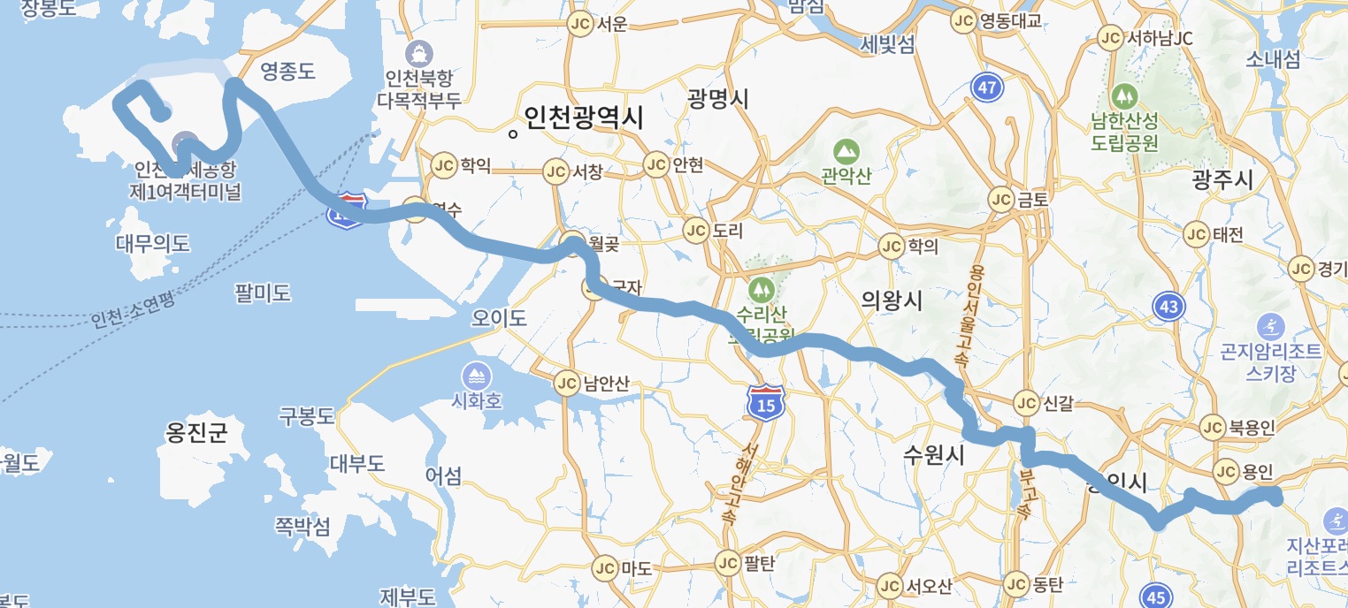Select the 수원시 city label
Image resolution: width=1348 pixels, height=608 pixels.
click(933, 455)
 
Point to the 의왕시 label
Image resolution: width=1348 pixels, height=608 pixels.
click(892, 300)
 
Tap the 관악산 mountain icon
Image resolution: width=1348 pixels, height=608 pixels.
click(846, 150)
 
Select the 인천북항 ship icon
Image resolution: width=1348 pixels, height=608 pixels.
click(419, 51)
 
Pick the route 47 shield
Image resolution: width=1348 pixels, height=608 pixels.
click(987, 87)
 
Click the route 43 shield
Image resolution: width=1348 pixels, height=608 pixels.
click(1169, 307)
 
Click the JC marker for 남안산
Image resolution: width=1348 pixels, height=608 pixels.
click(566, 383)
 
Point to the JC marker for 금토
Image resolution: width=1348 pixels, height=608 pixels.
click(1001, 199)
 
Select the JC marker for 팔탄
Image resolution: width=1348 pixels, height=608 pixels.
click(727, 562)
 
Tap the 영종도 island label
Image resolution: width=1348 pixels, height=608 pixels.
click(287, 72)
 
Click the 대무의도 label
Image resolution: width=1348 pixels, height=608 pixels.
click(152, 243)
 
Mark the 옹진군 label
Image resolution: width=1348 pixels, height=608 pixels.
click(196, 432)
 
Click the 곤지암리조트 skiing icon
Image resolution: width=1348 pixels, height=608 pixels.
click(1270, 326)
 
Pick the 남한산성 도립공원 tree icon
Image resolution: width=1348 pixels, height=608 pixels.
click(1124, 93)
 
